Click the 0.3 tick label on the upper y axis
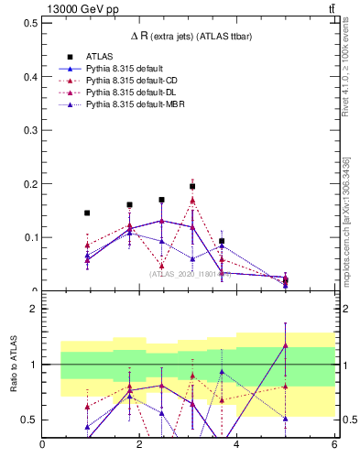click(31, 130)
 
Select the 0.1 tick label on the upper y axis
click(31, 237)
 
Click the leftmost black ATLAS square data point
click(87, 213)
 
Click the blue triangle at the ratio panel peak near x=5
click(286, 345)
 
